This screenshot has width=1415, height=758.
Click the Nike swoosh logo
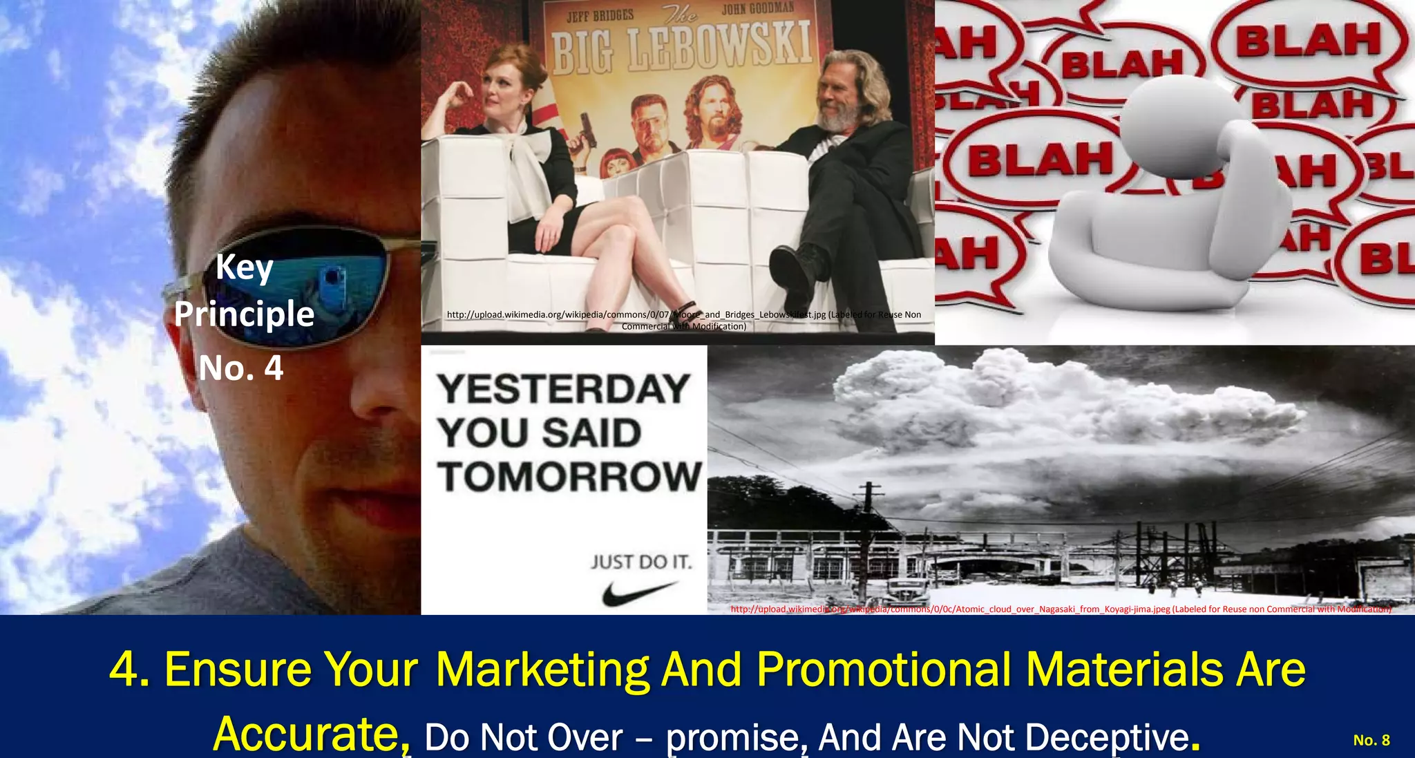pos(638,592)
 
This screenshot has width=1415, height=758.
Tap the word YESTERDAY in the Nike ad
pos(564,389)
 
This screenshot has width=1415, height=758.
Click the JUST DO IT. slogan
pos(641,562)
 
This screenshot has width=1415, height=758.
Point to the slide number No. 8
pos(1371,740)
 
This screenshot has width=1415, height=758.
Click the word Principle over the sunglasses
pos(245,314)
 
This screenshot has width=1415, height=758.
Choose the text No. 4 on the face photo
pos(241,368)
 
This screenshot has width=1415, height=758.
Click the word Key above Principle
pos(245,267)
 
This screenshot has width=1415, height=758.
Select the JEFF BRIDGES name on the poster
pos(600,15)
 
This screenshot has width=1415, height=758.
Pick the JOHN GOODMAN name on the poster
pos(758,9)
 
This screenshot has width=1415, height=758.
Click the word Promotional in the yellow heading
pos(884,669)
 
